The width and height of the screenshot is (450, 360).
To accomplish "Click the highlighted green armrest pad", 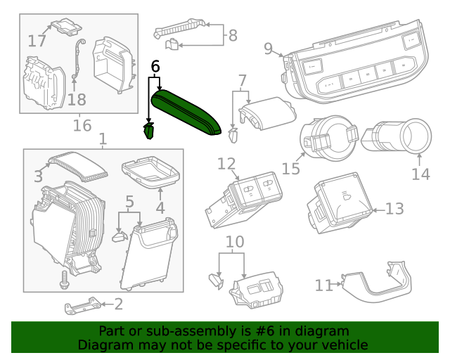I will tap(188, 111).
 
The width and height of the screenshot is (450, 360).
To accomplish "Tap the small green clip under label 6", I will tap(149, 131).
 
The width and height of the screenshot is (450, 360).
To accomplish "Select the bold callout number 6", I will tap(155, 66).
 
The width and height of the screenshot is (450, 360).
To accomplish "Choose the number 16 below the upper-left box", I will tap(82, 126).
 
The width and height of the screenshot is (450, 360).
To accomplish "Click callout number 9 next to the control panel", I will tap(268, 49).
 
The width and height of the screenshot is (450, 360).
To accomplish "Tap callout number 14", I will tap(420, 173).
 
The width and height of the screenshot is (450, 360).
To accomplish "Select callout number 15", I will tap(291, 168).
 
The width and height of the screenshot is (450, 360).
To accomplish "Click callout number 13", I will tap(395, 209).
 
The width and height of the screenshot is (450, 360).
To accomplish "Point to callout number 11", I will tap(323, 285).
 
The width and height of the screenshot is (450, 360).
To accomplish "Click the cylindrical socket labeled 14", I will tap(398, 135).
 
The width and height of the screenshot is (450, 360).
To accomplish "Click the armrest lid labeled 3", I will tap(76, 165).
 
